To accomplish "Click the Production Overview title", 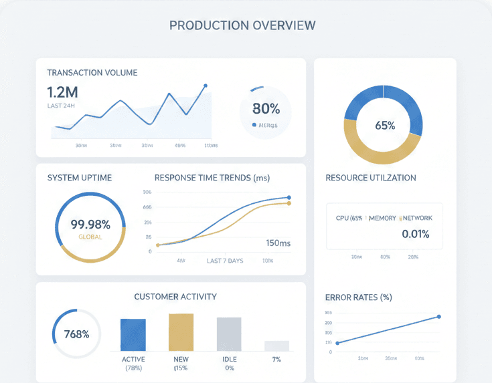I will click(x=242, y=25).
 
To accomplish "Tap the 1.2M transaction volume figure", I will click(x=62, y=92).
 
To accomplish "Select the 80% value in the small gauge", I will click(x=266, y=108).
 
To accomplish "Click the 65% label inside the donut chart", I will click(x=385, y=125).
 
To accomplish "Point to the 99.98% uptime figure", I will click(x=90, y=225).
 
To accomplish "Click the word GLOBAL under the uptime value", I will click(x=90, y=237).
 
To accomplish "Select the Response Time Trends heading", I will click(x=212, y=178).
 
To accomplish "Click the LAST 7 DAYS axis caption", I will click(x=225, y=260).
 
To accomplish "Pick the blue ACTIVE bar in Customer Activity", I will click(x=133, y=334).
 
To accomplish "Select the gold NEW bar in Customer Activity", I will click(x=181, y=332).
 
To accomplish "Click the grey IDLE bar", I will click(x=229, y=334).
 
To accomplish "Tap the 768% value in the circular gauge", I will click(x=76, y=334).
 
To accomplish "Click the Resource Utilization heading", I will click(x=370, y=178).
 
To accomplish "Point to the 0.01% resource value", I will click(x=415, y=234).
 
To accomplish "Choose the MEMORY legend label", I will click(x=382, y=218).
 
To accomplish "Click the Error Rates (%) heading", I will click(x=358, y=297).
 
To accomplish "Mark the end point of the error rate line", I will click(x=439, y=316).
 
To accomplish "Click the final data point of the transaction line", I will click(x=205, y=86).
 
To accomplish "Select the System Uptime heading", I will click(x=80, y=178).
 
